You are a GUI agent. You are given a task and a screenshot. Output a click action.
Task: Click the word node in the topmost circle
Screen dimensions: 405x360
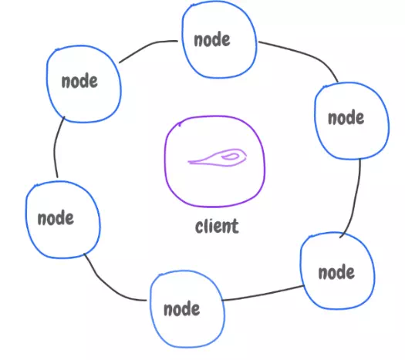coord(212,40)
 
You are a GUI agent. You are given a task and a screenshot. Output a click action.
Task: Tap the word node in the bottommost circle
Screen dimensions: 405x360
coord(181,309)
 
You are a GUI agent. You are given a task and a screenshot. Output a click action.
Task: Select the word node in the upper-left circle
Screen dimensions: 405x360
coord(79,81)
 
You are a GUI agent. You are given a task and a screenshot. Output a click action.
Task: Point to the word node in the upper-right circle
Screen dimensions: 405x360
coord(346,118)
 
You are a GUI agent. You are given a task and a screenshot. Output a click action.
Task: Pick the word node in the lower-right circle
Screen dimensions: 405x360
coord(336,273)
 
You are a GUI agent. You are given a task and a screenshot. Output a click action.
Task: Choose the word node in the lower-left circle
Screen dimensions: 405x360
coord(56,218)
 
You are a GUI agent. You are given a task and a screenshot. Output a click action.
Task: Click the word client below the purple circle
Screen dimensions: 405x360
coord(217,227)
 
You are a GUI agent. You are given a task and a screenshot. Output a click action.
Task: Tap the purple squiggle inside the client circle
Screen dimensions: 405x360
coord(217,157)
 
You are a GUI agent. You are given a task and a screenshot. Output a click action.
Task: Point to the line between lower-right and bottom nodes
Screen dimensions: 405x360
coord(263,294)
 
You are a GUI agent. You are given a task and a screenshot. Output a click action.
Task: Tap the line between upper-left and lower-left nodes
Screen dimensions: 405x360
coord(55,147)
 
